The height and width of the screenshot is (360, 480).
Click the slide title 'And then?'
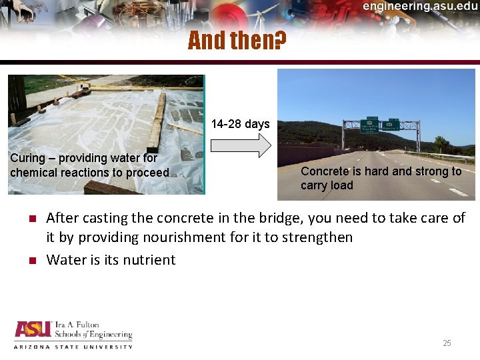[x=237, y=41]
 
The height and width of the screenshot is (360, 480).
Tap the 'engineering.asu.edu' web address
[x=420, y=6]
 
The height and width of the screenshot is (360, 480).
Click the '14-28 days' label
[x=240, y=124]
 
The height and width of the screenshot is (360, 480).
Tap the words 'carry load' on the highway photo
[x=327, y=185]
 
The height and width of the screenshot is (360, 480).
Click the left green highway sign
[x=369, y=125]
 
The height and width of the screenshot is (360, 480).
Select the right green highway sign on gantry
[x=391, y=125]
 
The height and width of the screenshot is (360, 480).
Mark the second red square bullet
[x=31, y=261]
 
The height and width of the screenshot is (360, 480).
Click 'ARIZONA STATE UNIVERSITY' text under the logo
[x=73, y=347]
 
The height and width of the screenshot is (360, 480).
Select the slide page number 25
[x=447, y=343]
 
